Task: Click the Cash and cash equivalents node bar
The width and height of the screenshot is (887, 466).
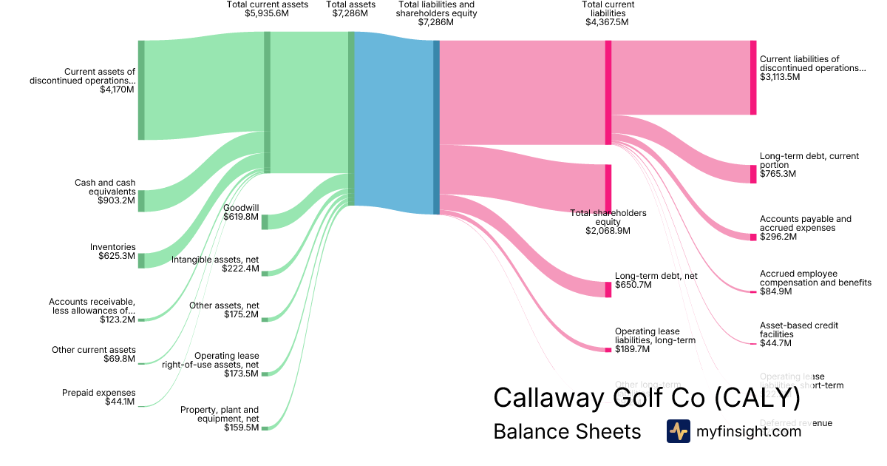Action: (141, 200)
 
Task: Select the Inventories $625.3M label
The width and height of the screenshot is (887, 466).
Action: (112, 251)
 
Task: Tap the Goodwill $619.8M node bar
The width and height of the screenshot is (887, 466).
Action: (265, 221)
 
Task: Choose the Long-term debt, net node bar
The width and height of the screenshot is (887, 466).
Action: (608, 289)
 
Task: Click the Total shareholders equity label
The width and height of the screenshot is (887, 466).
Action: (608, 222)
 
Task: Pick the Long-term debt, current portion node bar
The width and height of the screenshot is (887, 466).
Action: (753, 174)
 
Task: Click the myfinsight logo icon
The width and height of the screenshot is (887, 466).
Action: (678, 431)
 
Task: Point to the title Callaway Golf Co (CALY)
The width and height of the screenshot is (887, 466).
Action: (647, 397)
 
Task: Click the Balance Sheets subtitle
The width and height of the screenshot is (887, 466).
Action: (567, 432)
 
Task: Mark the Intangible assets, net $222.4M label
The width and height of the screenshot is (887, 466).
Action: (215, 264)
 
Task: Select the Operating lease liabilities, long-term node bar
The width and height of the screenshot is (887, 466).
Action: (608, 349)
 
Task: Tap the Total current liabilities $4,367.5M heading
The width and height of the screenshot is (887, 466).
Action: (608, 13)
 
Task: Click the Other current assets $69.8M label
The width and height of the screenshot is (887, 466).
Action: (93, 354)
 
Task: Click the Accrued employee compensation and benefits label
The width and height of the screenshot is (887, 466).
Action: (815, 283)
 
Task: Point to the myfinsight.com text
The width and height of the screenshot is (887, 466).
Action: (749, 432)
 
